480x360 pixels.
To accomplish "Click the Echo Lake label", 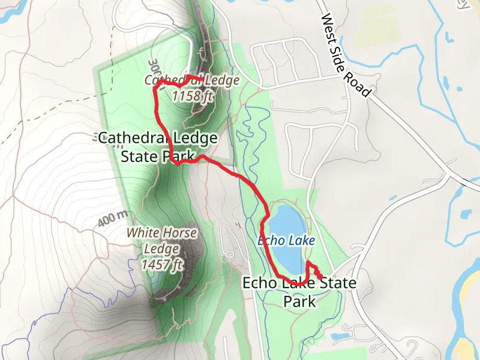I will point(286,241).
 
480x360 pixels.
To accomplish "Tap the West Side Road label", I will point(346,56).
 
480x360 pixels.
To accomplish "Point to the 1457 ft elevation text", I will point(163,263).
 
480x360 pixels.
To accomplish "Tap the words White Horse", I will point(161,232).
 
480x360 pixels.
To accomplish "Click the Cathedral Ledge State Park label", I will point(158,147).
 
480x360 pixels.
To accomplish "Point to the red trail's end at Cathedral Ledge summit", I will point(188,77).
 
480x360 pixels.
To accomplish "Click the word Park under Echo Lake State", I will point(299,301).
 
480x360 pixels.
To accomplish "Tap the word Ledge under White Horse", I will point(161,248).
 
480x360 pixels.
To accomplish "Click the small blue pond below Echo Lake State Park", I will point(340,336).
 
